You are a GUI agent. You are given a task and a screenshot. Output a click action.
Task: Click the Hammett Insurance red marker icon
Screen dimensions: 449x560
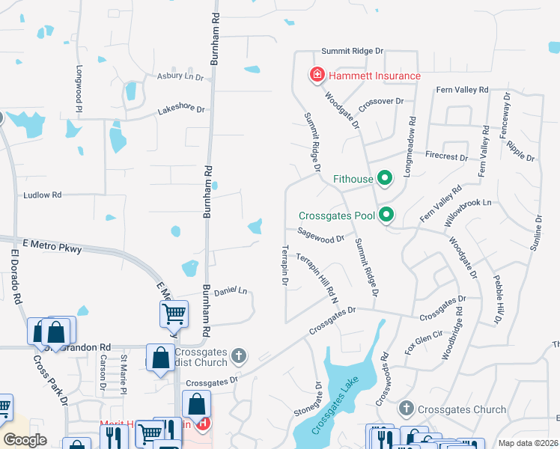[x=317, y=76]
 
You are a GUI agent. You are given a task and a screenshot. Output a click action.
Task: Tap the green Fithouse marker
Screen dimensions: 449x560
[x=385, y=179]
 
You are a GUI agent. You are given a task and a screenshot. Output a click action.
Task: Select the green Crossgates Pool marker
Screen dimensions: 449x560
[x=386, y=216]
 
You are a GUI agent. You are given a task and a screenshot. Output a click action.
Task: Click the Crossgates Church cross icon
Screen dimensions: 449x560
[x=406, y=409]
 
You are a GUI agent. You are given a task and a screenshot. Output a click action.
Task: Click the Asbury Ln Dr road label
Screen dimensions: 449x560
[x=180, y=76]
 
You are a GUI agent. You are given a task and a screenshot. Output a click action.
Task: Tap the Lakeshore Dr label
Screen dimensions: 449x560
[x=180, y=110]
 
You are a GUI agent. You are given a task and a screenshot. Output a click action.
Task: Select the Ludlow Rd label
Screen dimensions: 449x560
[x=42, y=195]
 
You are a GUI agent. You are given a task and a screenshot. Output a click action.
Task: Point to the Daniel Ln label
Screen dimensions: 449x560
[x=231, y=290]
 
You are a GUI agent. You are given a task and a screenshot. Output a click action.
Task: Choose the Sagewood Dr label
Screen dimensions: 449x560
[x=320, y=236]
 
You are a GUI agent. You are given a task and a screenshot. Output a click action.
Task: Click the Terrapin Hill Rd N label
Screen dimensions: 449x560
[x=317, y=277]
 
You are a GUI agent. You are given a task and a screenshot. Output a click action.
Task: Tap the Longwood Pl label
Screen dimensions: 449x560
[x=79, y=87]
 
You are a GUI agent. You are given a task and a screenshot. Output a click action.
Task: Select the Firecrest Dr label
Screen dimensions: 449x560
[x=445, y=158]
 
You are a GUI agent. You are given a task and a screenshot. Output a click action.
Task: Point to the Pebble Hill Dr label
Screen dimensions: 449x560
[x=497, y=299]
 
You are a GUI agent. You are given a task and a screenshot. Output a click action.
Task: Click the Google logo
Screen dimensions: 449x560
[x=25, y=439]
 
